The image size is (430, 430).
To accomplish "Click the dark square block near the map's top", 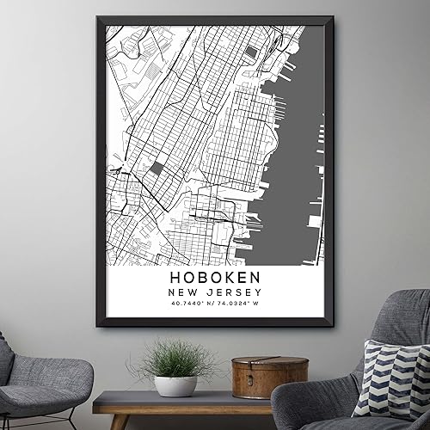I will [x=250, y=52].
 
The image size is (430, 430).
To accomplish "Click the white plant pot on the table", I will [x=175, y=385].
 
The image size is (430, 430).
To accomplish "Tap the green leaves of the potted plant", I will [x=175, y=357].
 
